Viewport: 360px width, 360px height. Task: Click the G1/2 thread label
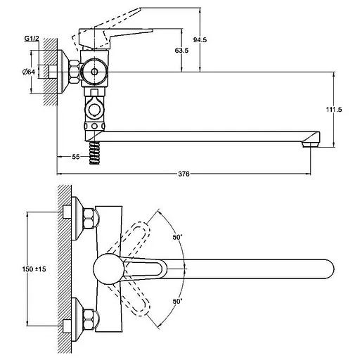tap(32, 39)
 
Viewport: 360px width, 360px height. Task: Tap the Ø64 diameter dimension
tap(29, 72)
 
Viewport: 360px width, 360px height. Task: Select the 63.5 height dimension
tap(181, 50)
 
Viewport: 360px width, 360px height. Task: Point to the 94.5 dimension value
tap(200, 39)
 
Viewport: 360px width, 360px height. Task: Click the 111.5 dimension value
tap(334, 109)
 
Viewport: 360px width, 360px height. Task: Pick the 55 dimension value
tap(76, 157)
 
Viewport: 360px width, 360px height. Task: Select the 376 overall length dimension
tap(184, 174)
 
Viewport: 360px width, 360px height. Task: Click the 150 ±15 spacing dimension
tap(34, 269)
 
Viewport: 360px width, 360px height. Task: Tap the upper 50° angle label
tap(177, 237)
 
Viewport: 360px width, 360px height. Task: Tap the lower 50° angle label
tap(177, 301)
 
